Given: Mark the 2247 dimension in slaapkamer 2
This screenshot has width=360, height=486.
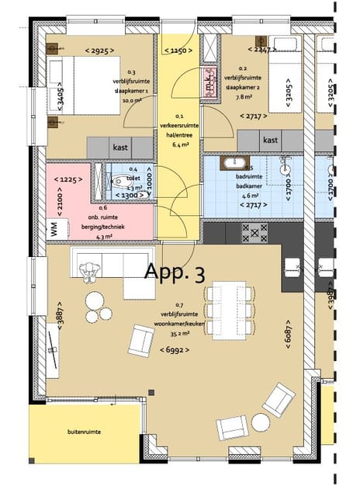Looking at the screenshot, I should point(261,48).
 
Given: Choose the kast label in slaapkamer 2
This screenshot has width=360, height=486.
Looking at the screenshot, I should point(270,141).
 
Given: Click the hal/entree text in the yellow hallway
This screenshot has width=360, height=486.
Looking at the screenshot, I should point(178,133).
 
